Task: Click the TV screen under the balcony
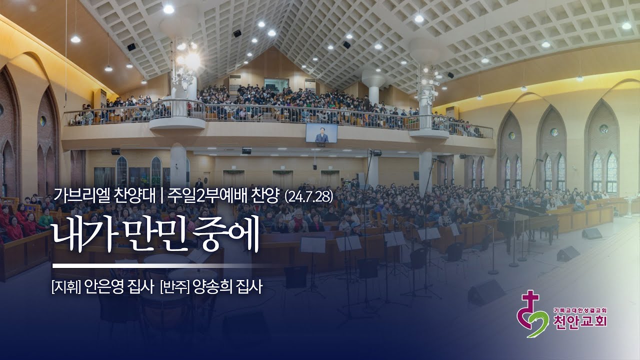321,132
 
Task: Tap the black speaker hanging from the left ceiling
131,47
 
